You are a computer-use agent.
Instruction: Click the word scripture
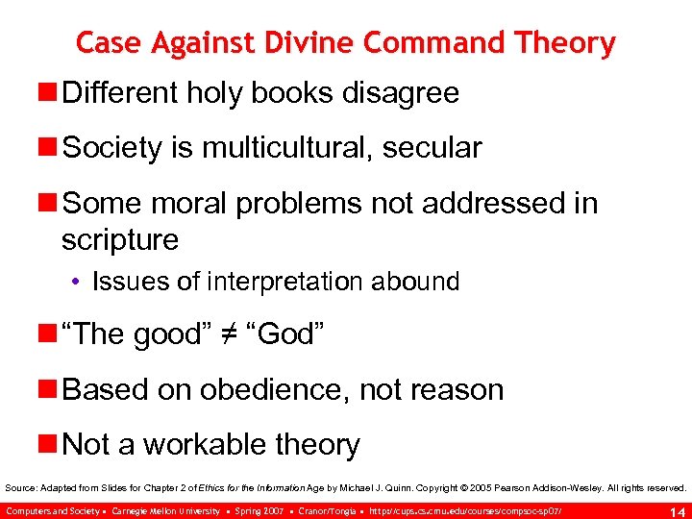tap(120, 239)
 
